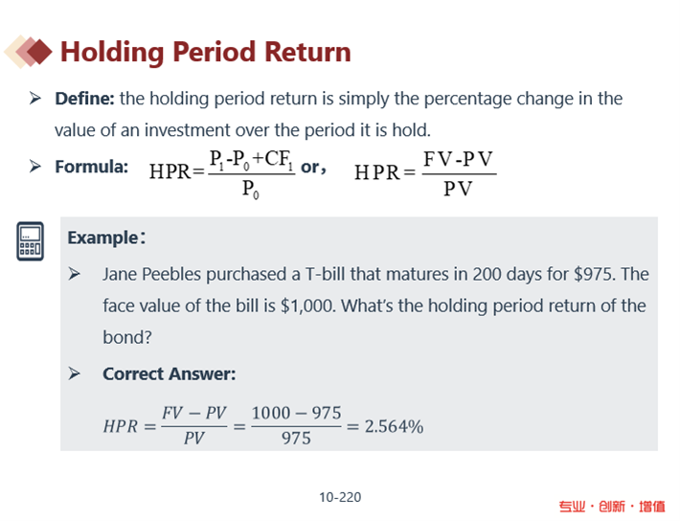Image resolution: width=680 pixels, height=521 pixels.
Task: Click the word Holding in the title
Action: coord(111,53)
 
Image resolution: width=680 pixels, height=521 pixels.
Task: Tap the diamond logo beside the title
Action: coord(28,52)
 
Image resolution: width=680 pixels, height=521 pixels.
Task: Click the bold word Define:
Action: coord(84,99)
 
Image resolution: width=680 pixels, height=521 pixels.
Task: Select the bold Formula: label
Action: coord(92,167)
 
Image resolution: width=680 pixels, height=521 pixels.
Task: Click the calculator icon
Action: coord(30,241)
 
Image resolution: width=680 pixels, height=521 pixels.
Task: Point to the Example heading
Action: coord(106,238)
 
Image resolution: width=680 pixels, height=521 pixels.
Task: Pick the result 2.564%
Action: coord(394,426)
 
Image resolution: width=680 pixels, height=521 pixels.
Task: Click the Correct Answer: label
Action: coord(170,374)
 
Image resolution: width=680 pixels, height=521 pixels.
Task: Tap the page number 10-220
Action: coord(340,497)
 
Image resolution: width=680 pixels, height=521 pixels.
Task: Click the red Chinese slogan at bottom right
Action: coord(611,507)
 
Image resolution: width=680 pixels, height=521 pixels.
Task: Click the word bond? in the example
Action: coord(127,337)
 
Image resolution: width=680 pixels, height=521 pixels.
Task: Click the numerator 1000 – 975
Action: coord(296,413)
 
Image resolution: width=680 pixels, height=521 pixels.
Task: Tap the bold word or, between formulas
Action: coord(313,167)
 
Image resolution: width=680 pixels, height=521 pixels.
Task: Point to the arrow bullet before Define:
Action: coord(35,98)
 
